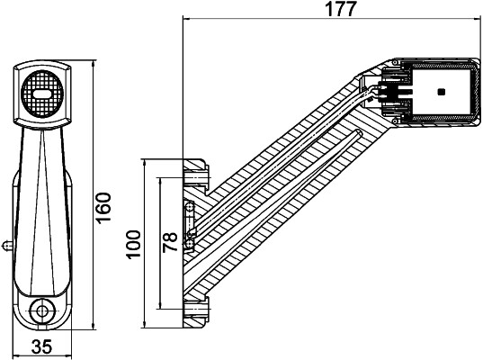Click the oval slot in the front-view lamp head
pyautogui.click(x=41, y=92)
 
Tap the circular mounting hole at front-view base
pyautogui.click(x=40, y=311)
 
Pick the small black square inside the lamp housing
pyautogui.click(x=440, y=92)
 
